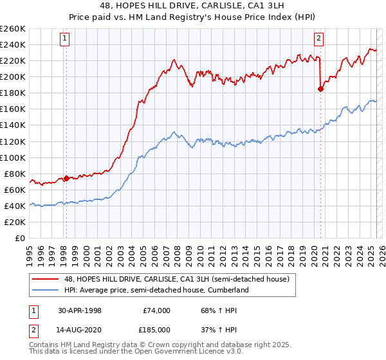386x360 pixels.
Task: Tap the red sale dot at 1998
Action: tap(66, 178)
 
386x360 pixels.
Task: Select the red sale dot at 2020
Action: tap(320, 89)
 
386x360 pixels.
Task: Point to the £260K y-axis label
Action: tap(13, 29)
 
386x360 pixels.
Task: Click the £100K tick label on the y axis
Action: tap(13, 157)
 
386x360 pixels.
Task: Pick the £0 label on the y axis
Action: tap(20, 238)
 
